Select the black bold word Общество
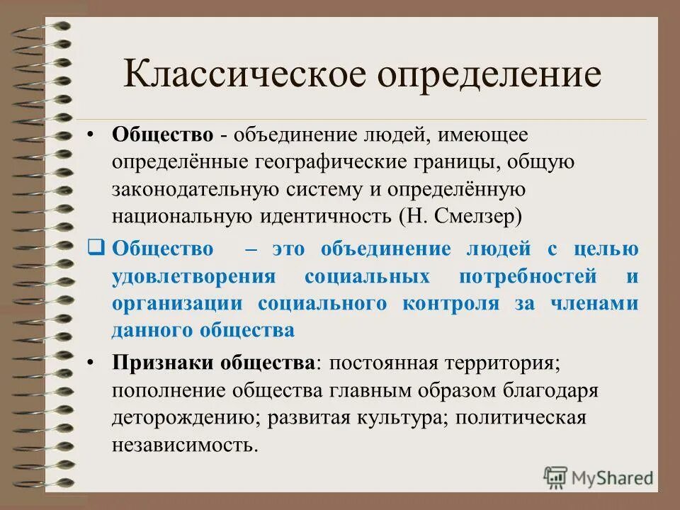pyautogui.click(x=152, y=135)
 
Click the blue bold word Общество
pyautogui.click(x=162, y=249)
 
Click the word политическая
pyautogui.click(x=521, y=418)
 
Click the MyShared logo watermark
pyautogui.click(x=599, y=477)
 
